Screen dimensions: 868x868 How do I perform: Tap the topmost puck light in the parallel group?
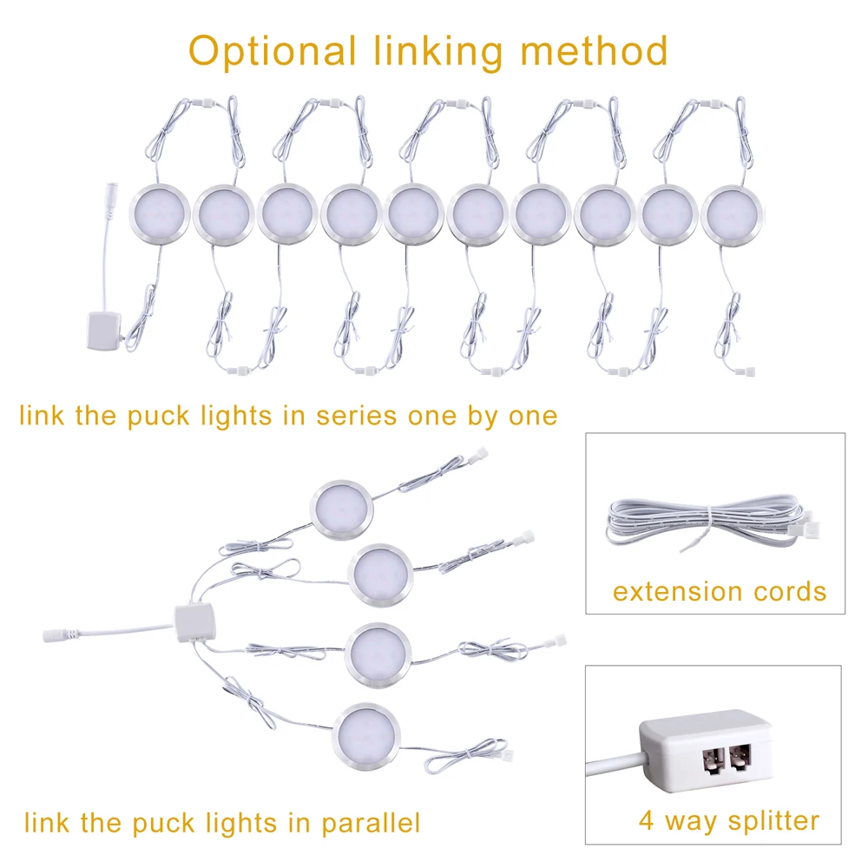click(x=342, y=507)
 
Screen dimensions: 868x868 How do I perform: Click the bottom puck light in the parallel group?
click(x=368, y=733)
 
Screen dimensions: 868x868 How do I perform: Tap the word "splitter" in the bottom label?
click(x=764, y=819)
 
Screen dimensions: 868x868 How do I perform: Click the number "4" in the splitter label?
click(x=646, y=819)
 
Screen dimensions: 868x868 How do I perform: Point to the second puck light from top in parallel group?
click(x=378, y=573)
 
